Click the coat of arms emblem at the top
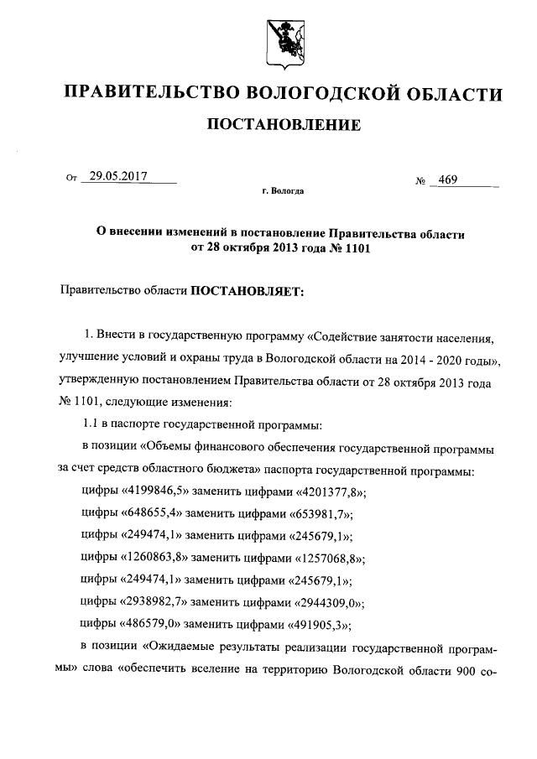pos(284,38)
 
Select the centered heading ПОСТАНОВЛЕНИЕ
pos(284,126)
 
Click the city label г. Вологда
pos(283,192)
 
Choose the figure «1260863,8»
pos(161,557)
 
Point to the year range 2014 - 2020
pos(427,360)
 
